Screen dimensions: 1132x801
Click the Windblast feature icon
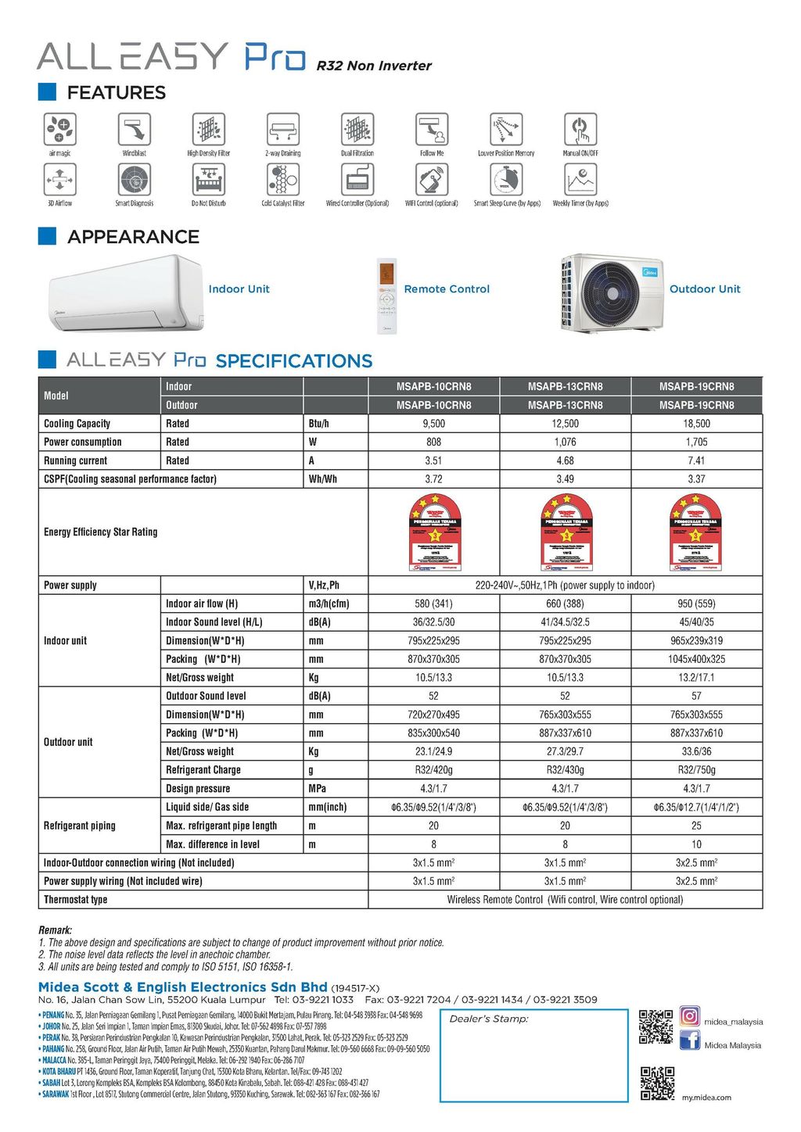[135, 128]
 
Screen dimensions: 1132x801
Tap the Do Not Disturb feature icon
[208, 180]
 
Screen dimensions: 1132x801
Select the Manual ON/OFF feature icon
[580, 128]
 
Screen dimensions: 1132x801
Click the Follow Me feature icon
[431, 128]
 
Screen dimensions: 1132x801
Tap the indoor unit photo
[125, 293]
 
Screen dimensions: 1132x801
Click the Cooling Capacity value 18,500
[696, 424]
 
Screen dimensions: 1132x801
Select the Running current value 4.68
[565, 460]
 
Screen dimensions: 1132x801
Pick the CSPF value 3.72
[433, 479]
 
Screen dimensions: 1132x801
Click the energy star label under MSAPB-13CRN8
[566, 532]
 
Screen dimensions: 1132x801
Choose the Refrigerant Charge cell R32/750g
[696, 770]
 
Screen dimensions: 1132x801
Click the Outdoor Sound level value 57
[696, 696]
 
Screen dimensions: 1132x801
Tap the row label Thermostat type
[76, 900]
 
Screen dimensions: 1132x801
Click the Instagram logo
[689, 1016]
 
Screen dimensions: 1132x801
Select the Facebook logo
[689, 1041]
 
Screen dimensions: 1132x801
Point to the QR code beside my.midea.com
[657, 1083]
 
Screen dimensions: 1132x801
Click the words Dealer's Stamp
[489, 1019]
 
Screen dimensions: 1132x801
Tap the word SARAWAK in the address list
[56, 1094]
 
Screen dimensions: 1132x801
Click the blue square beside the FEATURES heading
[48, 92]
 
